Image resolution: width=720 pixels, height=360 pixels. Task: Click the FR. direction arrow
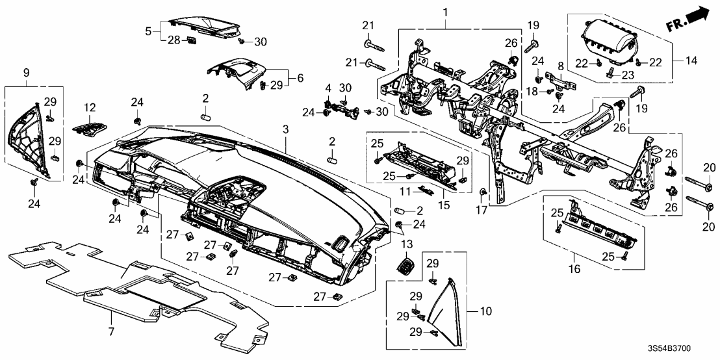click(688, 20)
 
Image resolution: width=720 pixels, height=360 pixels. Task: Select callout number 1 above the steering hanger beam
click(446, 12)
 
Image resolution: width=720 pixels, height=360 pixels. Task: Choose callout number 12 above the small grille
click(89, 107)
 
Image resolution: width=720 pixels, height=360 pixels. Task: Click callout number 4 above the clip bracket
click(329, 88)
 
